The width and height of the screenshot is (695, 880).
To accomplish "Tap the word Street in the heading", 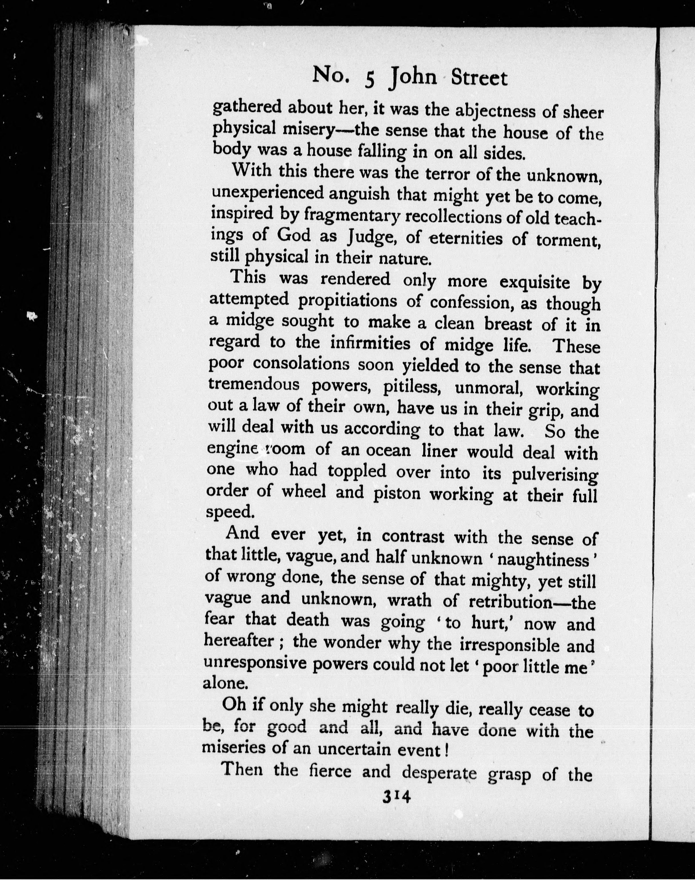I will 479,79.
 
